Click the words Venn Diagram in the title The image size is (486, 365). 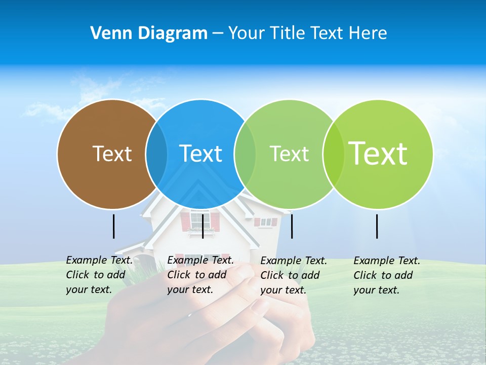coord(149,33)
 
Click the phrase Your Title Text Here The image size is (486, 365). coord(307,33)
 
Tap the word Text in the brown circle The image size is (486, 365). coord(112,154)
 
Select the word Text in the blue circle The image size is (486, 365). coord(201,154)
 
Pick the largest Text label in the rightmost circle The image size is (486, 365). coord(378,153)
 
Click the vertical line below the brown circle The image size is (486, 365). coord(113,226)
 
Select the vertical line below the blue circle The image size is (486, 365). coord(202,226)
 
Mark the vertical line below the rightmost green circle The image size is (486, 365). coord(377,226)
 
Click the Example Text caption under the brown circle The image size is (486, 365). coord(99,275)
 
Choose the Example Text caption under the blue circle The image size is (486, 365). coord(200,275)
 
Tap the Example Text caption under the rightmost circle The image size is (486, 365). coord(387,275)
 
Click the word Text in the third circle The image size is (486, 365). coord(289,154)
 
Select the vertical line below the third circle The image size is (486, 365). coord(292,226)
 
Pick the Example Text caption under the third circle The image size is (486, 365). coord(294,275)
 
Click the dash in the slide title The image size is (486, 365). coord(218,33)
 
